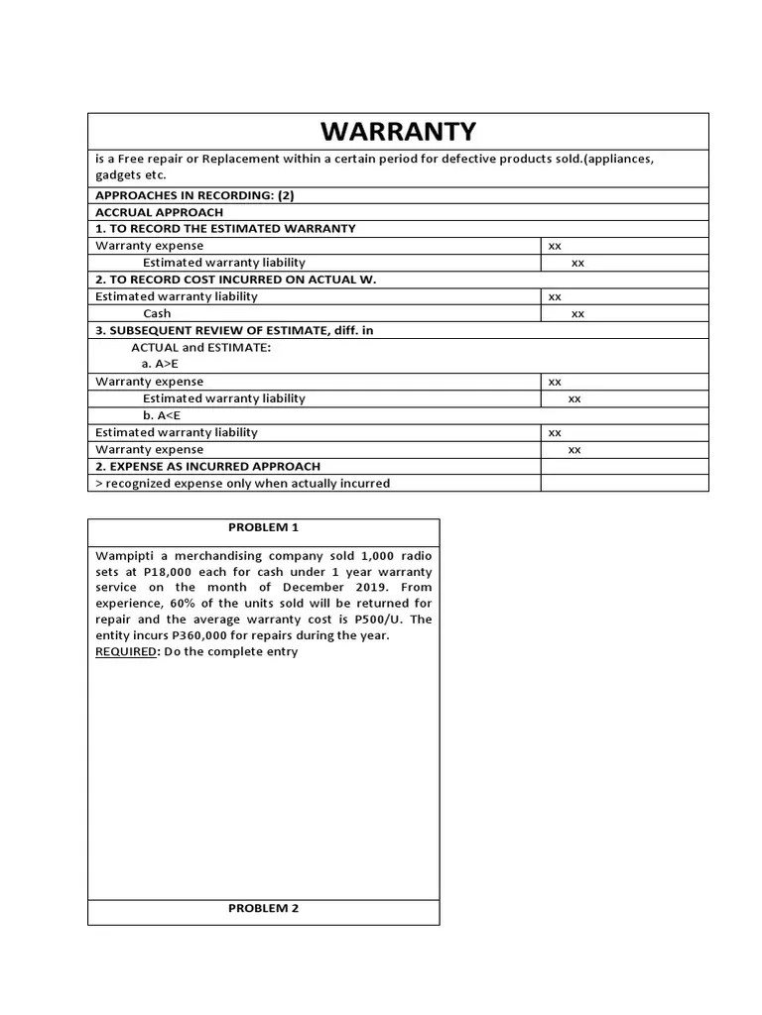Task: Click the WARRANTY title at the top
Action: click(x=398, y=131)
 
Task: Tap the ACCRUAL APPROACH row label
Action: click(x=159, y=212)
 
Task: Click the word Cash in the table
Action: click(x=157, y=313)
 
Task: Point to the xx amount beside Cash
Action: click(x=577, y=314)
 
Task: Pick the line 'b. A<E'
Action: click(x=161, y=415)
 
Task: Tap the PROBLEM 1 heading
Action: click(x=263, y=527)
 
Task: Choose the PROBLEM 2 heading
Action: click(x=263, y=908)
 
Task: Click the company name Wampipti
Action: click(x=127, y=555)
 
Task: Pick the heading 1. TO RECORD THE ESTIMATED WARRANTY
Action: click(x=225, y=229)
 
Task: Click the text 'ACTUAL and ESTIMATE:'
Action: click(x=200, y=348)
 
